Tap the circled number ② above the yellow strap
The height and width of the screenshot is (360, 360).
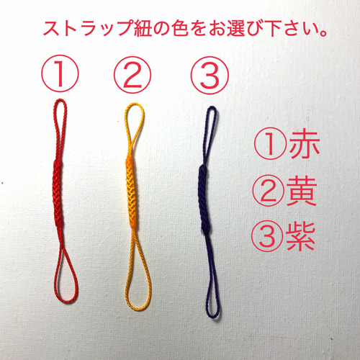(131, 73)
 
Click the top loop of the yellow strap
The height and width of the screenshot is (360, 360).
(131, 126)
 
